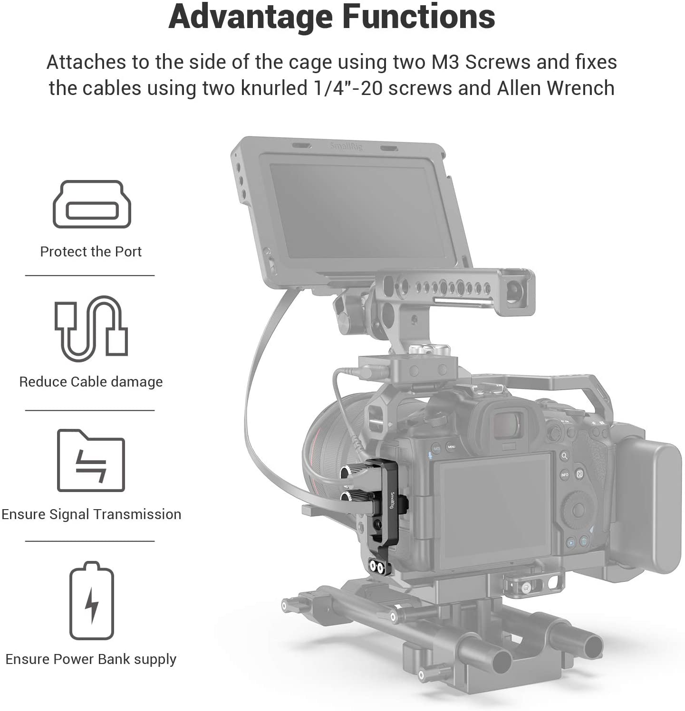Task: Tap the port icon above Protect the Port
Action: click(x=92, y=204)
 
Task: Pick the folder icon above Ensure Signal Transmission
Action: click(x=91, y=460)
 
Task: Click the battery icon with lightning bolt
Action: click(x=92, y=600)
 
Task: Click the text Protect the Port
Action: click(x=91, y=252)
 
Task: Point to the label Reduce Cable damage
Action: click(x=91, y=382)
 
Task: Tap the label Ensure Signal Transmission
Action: click(x=91, y=514)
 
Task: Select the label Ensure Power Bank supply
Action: click(x=91, y=659)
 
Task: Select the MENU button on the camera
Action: click(x=451, y=447)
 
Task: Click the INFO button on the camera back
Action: click(x=565, y=474)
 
